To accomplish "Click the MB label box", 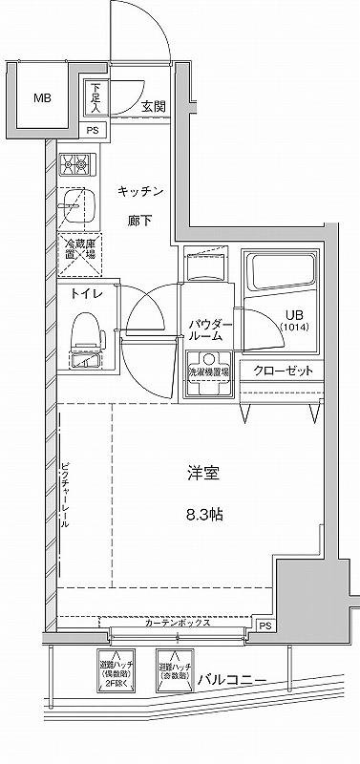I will [43, 98].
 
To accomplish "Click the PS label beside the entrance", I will [93, 131].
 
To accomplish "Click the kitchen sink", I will [74, 204].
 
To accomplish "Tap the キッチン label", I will [142, 192].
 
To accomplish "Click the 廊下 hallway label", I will [142, 222].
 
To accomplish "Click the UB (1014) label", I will [295, 321].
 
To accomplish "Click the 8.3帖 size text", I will [204, 514].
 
